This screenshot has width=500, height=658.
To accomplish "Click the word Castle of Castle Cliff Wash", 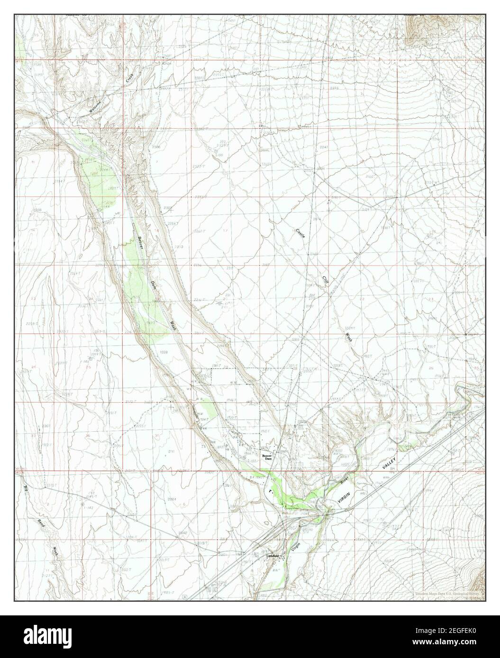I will pyautogui.click(x=300, y=234).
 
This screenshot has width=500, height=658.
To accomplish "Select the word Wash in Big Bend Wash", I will pyautogui.click(x=55, y=552).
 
